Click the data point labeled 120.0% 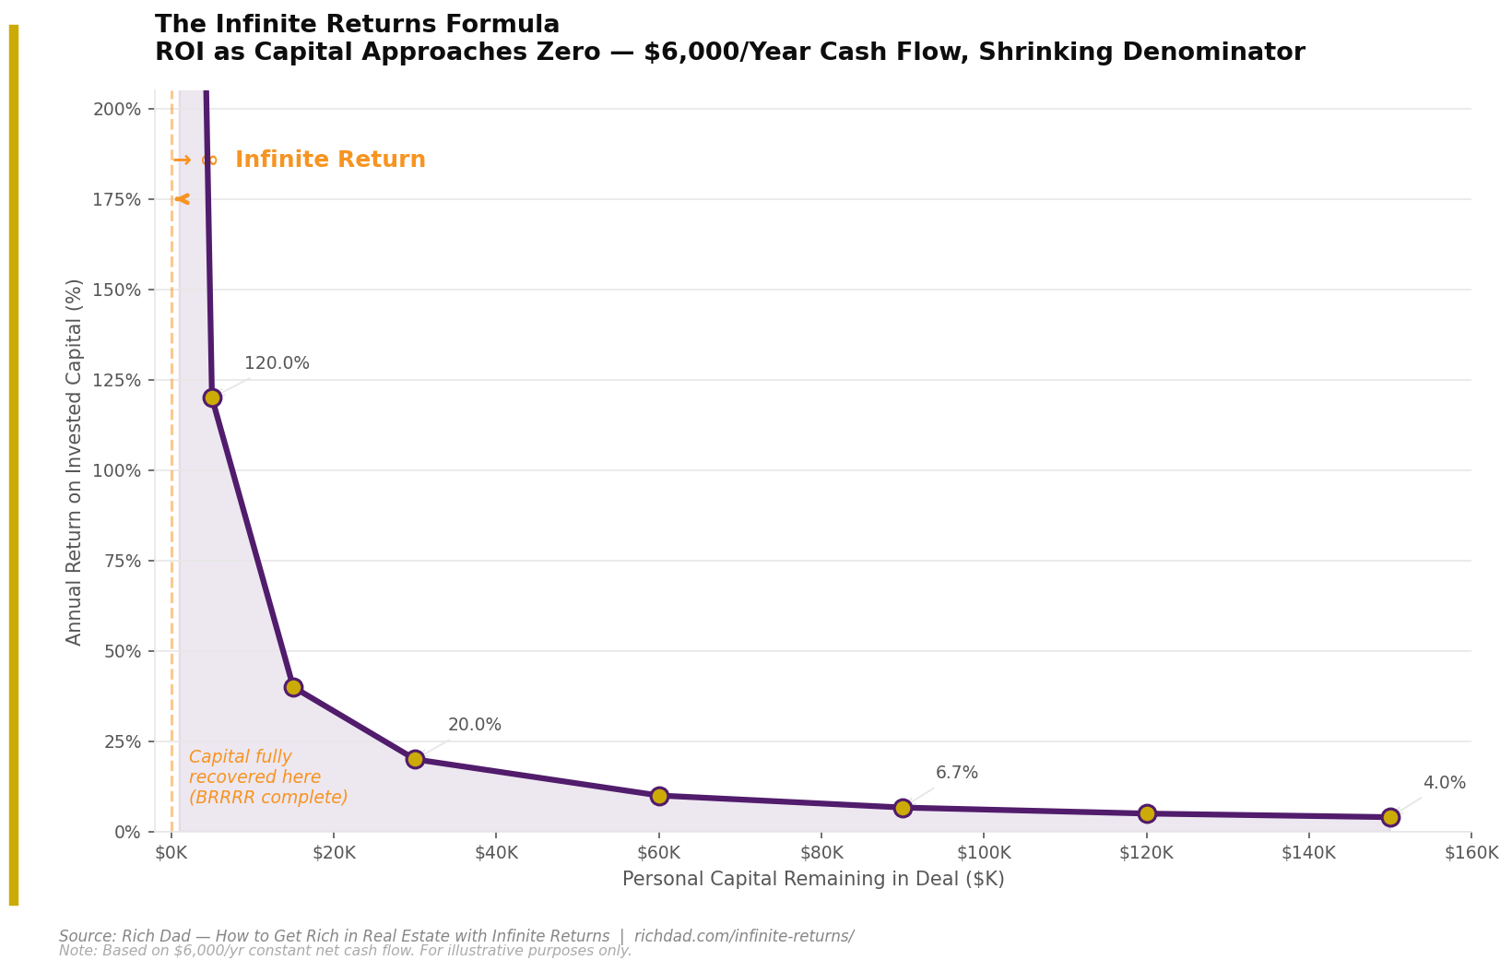212,397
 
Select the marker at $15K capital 293,687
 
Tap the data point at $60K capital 659,796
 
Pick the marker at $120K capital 1147,813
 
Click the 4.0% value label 1444,783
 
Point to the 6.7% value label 956,773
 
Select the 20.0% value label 474,725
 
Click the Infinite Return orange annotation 329,160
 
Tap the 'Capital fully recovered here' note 267,777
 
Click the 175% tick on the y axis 118,199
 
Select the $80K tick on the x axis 821,852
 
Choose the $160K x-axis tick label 1471,852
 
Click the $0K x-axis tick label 171,852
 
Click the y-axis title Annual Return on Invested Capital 75,461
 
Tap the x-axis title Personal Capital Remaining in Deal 812,879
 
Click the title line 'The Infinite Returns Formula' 357,25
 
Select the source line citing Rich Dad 455,936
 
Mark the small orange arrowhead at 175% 182,199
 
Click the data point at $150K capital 1390,817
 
